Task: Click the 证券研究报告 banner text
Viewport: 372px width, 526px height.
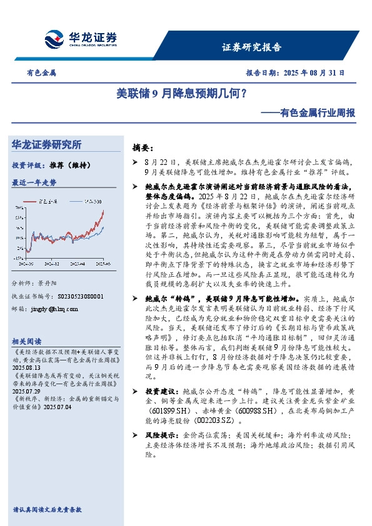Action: [x=252, y=47]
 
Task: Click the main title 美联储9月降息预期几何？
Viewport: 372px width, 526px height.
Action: [x=181, y=94]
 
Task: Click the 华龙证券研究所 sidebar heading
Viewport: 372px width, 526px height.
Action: [x=46, y=144]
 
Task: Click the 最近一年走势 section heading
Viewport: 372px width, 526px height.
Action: [x=34, y=182]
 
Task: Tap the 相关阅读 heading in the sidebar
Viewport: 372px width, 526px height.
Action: [x=26, y=341]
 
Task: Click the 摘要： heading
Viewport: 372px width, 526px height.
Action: [x=143, y=148]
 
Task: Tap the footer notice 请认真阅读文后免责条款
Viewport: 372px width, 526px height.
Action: [x=47, y=510]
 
